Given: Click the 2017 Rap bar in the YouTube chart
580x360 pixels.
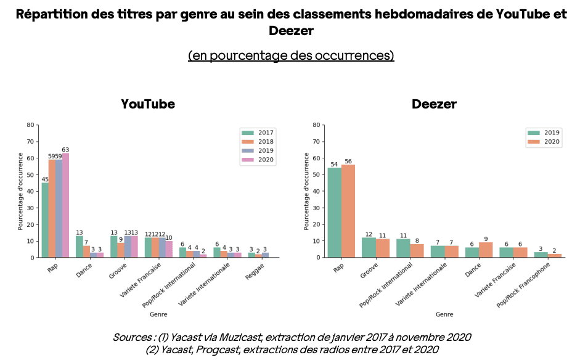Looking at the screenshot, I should [45, 220].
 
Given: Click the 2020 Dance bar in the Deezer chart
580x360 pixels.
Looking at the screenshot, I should [486, 250].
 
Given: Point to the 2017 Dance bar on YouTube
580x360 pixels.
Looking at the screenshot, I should [80, 247].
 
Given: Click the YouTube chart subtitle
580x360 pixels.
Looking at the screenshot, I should [148, 104].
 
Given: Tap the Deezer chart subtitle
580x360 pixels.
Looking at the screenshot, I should [434, 104].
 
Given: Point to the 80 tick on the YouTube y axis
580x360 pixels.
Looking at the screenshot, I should [31, 125].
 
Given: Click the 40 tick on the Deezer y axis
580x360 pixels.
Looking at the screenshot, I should [317, 191].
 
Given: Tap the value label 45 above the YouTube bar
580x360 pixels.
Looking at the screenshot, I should [45, 179].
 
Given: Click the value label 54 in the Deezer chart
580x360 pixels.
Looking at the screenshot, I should [334, 164].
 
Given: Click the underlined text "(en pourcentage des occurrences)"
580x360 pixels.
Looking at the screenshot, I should [291, 55].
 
